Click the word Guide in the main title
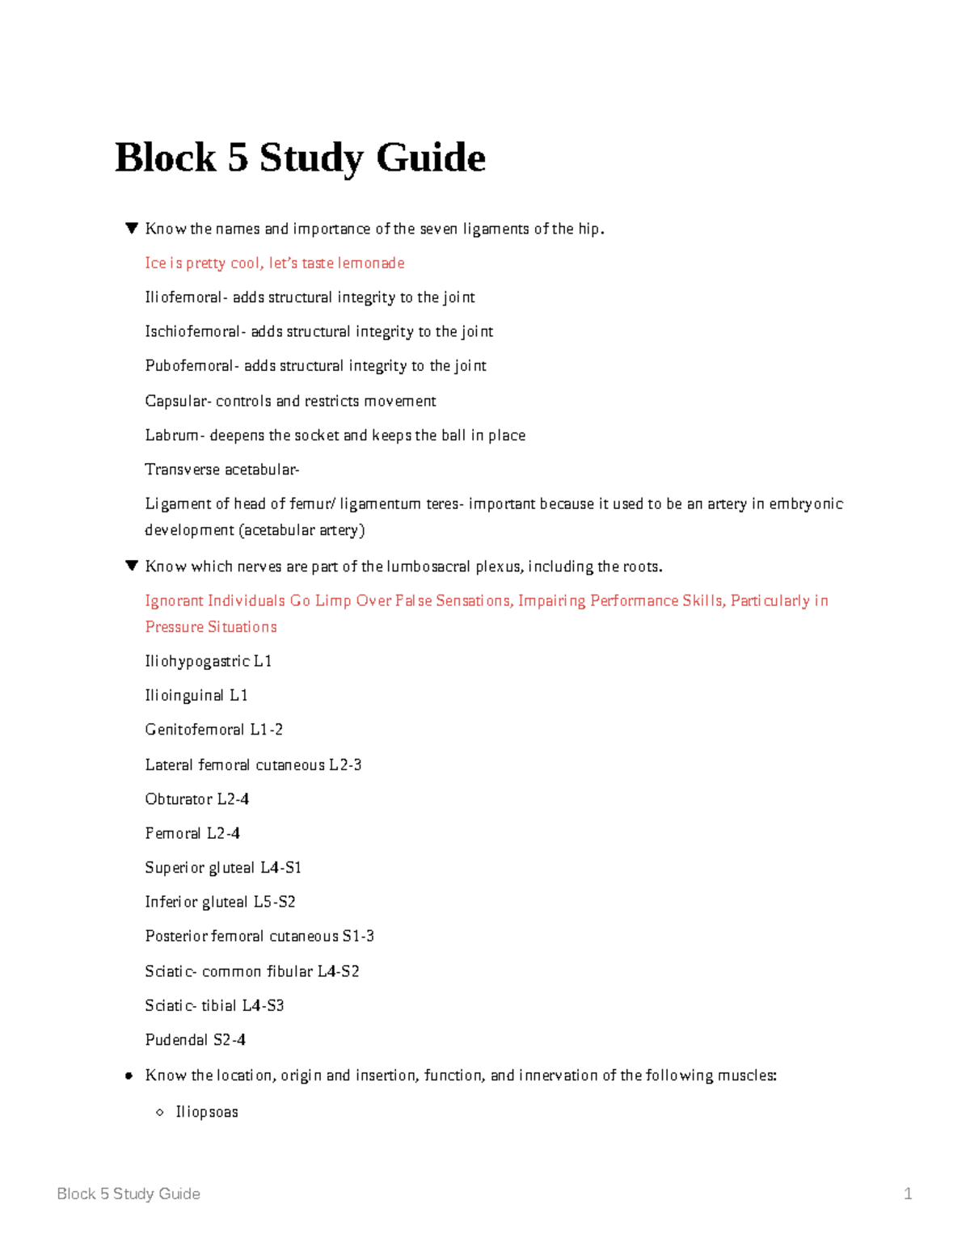[x=431, y=158]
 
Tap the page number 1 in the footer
[x=908, y=1194]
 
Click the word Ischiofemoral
[x=192, y=331]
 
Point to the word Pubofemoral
[x=190, y=366]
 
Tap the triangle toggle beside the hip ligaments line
[x=132, y=229]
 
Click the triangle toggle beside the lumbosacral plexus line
[x=132, y=566]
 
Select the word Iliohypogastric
[x=197, y=662]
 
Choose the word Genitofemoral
[x=194, y=730]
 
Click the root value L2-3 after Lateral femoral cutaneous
[x=345, y=764]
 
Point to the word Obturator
[x=179, y=799]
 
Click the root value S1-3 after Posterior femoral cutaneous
[x=358, y=937]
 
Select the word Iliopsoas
[x=207, y=1112]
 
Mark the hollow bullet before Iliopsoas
[x=160, y=1113]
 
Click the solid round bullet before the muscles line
[x=129, y=1076]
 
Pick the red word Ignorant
[x=174, y=601]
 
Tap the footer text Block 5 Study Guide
[x=129, y=1194]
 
